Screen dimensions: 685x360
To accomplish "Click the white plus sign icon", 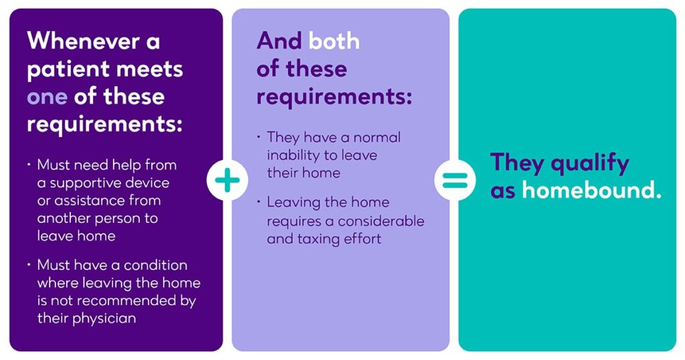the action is click(x=227, y=180).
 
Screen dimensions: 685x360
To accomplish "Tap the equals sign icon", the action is click(x=455, y=180).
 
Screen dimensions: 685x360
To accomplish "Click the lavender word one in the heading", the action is click(x=47, y=97).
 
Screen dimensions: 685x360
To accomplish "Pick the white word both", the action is click(x=334, y=41).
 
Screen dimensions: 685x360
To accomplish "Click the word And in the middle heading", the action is click(x=279, y=41).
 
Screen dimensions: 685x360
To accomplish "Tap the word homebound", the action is click(x=591, y=191).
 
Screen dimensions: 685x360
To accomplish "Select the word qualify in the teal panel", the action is click(x=590, y=164).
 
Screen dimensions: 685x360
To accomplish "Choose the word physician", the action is click(x=104, y=319).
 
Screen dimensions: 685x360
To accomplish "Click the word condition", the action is click(x=155, y=265).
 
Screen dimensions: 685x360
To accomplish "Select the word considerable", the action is click(x=381, y=221).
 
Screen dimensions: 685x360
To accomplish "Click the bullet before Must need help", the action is click(x=29, y=165).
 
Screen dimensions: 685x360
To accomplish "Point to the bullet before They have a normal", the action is click(x=259, y=137).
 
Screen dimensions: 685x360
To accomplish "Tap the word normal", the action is click(x=377, y=137).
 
